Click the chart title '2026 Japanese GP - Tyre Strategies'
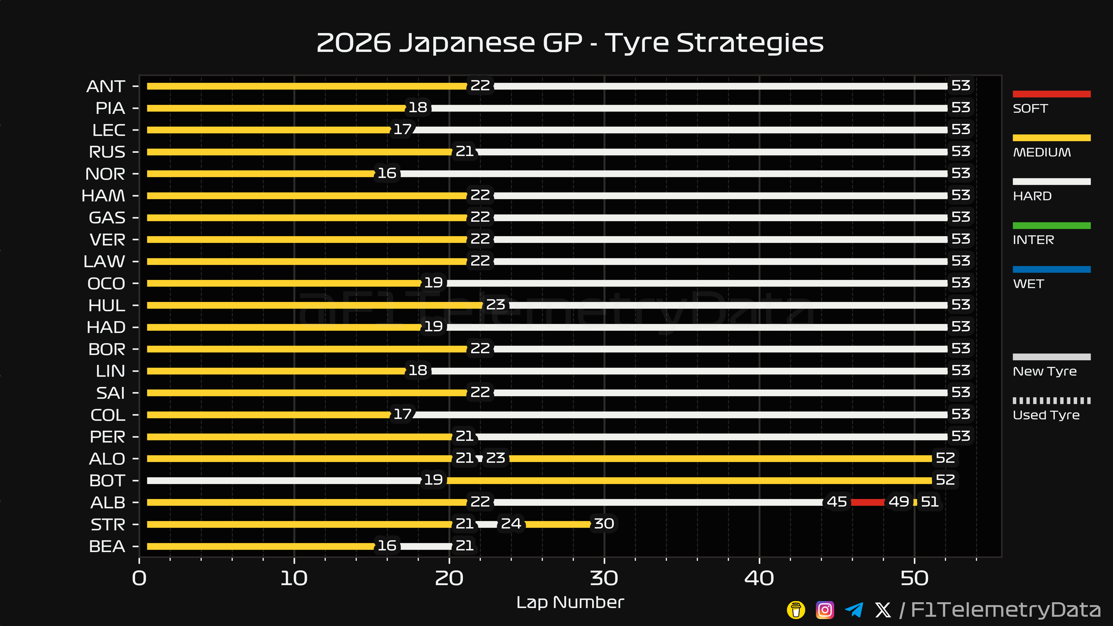[570, 43]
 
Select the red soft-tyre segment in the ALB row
[868, 502]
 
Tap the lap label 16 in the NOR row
[387, 173]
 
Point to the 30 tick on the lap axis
[604, 578]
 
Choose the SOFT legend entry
[1030, 108]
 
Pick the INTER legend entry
[1033, 240]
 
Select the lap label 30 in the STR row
[603, 524]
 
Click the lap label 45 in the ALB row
[836, 502]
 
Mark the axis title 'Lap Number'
[570, 602]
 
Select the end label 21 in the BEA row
[464, 546]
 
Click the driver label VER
[107, 240]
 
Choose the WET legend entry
[1028, 284]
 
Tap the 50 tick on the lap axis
[914, 578]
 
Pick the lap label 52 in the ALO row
[945, 458]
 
